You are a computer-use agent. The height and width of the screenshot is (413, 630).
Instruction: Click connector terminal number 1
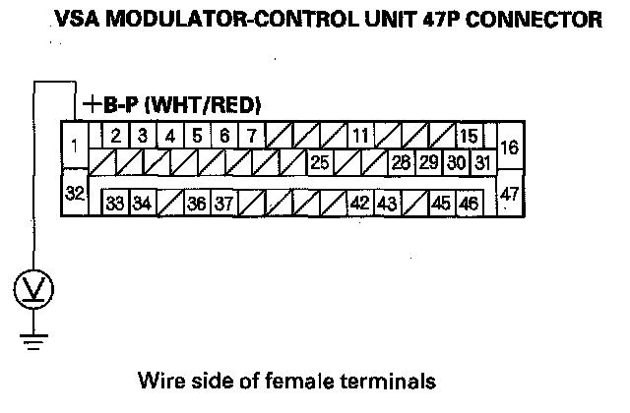[x=76, y=147]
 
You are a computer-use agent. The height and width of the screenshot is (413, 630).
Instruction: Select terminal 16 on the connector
[x=509, y=147]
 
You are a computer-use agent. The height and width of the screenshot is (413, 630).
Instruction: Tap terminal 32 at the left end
[x=75, y=192]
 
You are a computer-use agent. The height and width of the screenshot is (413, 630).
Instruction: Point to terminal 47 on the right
[x=509, y=194]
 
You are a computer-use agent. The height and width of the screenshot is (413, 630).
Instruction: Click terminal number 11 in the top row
[x=360, y=135]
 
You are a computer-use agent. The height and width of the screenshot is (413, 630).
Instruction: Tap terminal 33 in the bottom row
[x=115, y=204]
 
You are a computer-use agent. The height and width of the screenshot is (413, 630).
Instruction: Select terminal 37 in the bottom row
[x=223, y=204]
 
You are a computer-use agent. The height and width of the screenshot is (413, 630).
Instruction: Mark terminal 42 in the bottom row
[x=359, y=204]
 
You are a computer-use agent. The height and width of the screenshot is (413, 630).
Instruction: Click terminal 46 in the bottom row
[x=469, y=204]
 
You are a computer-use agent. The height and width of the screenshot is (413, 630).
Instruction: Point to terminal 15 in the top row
[x=469, y=135]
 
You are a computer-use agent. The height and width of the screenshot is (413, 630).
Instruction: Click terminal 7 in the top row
[x=252, y=135]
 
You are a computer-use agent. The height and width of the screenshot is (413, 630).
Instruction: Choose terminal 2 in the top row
[x=115, y=135]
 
